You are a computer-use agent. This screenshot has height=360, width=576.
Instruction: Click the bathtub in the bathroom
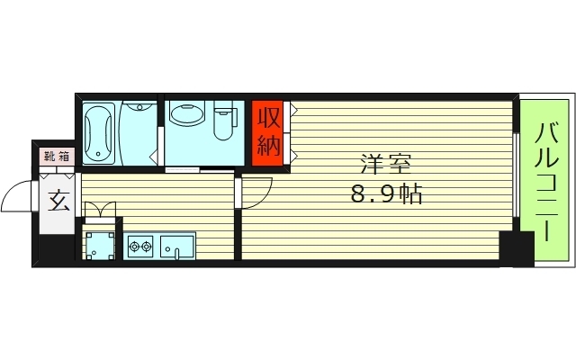(x=98, y=133)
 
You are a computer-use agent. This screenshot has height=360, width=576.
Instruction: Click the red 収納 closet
(x=268, y=133)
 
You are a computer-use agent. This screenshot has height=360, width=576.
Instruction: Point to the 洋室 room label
(x=385, y=164)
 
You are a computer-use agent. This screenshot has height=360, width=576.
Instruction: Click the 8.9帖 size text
(x=387, y=193)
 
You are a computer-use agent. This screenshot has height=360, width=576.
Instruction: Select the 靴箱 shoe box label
(x=57, y=157)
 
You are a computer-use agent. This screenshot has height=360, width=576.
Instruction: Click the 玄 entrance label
(x=58, y=202)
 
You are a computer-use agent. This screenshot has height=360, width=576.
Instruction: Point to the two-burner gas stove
(x=140, y=246)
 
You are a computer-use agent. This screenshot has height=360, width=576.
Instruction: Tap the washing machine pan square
(x=100, y=246)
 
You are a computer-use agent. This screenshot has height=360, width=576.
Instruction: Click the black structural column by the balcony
(x=517, y=249)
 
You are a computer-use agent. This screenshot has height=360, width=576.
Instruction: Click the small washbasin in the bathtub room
(x=139, y=107)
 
